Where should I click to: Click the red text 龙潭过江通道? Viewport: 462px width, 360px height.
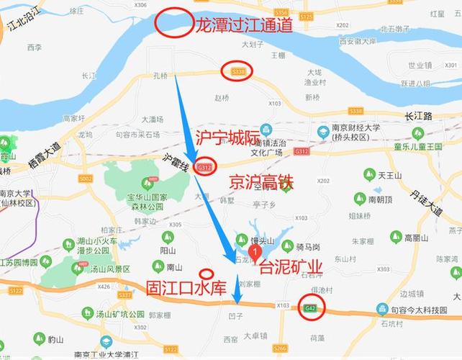(x=244, y=26)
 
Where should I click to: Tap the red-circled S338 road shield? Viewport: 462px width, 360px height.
(x=237, y=71)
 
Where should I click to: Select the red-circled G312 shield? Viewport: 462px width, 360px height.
(x=204, y=167)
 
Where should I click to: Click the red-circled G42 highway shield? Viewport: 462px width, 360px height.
(x=311, y=307)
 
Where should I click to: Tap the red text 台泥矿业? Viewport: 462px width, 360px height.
(x=291, y=269)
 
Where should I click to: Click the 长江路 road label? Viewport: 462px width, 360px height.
(x=418, y=115)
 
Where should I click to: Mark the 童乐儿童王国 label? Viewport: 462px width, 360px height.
(x=417, y=146)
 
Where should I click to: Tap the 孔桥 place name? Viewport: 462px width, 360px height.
(x=160, y=75)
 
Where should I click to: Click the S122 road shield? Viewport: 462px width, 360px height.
(x=16, y=290)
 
